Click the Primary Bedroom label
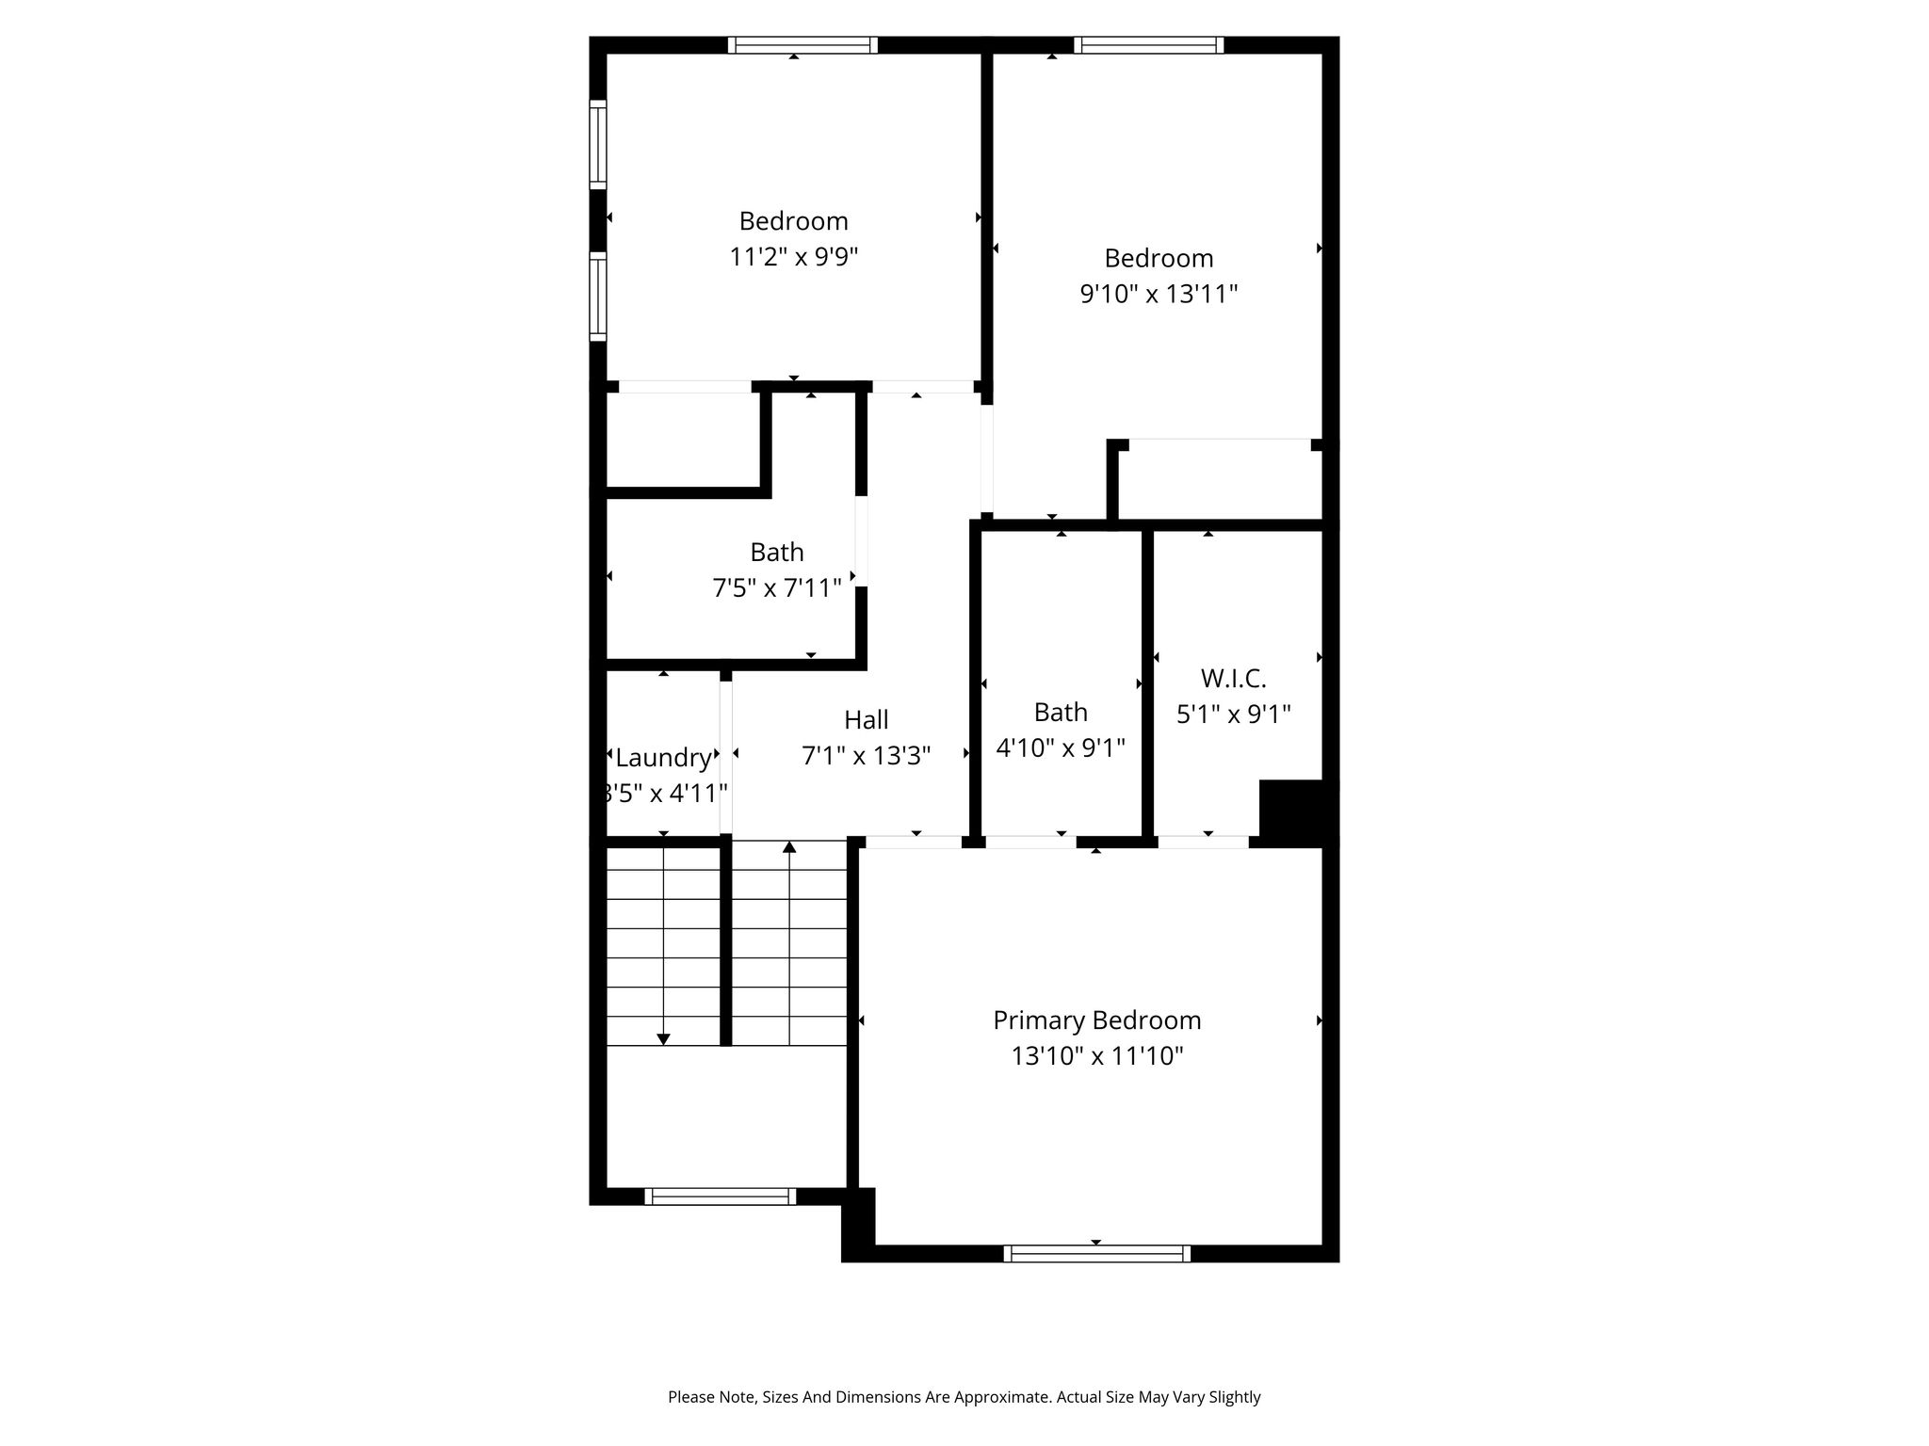tap(1097, 1020)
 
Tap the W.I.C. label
tap(1233, 678)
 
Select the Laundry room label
tap(663, 758)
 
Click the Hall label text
tap(866, 720)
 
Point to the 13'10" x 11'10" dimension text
tap(1097, 1056)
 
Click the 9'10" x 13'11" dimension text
tap(1159, 295)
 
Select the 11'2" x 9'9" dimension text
tap(794, 257)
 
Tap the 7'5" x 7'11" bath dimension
tap(777, 588)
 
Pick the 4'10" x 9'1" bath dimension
tap(1061, 748)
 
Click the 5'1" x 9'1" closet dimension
tap(1233, 715)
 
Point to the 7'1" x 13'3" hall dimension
tap(866, 756)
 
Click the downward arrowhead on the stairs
tap(663, 1039)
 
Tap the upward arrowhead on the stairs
tap(789, 847)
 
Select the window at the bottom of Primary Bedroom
tap(1096, 1253)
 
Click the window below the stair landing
tap(721, 1197)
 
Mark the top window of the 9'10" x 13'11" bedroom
tap(1148, 45)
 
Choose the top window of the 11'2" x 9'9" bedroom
tap(802, 45)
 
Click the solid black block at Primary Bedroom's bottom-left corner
tap(858, 1224)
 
